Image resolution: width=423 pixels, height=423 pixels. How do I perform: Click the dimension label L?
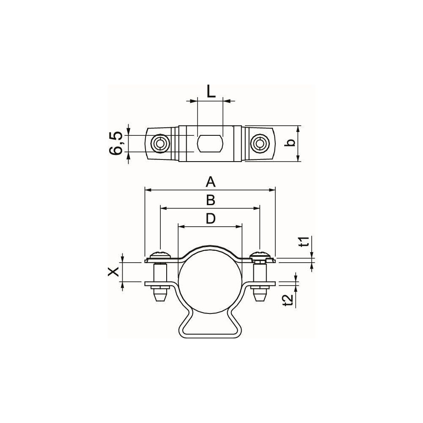coord(211,92)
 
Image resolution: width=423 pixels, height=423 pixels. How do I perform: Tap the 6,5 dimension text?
coord(116,143)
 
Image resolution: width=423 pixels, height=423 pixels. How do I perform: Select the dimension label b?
coord(290,143)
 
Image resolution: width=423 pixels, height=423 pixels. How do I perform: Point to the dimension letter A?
coord(210,182)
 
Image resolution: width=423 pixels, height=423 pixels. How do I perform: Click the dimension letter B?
coord(211,201)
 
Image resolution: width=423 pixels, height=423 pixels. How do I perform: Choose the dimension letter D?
coord(211,219)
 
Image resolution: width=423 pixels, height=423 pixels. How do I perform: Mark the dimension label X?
coord(113,272)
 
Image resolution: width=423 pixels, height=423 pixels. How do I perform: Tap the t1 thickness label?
coord(304,242)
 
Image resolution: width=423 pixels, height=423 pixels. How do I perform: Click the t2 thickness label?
coord(288,300)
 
